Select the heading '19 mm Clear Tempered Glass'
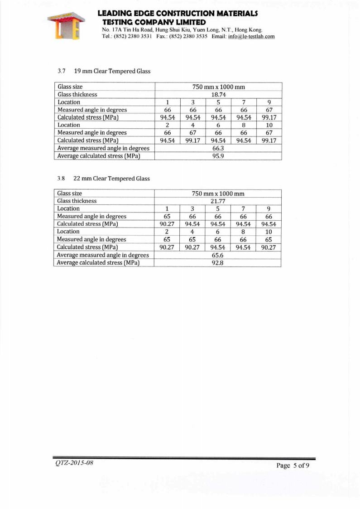coord(112,71)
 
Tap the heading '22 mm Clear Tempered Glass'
coord(111,178)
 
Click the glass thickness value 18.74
coord(219,94)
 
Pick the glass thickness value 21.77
coord(218,201)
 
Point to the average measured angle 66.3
coord(219,148)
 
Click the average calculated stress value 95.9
coord(219,156)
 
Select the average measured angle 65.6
coord(218,255)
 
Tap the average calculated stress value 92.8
coord(218,262)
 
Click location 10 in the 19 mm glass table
coord(269,125)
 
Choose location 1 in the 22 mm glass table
coord(167,208)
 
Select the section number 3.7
coord(62,71)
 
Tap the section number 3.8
coord(62,178)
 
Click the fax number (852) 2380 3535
coord(188,36)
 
